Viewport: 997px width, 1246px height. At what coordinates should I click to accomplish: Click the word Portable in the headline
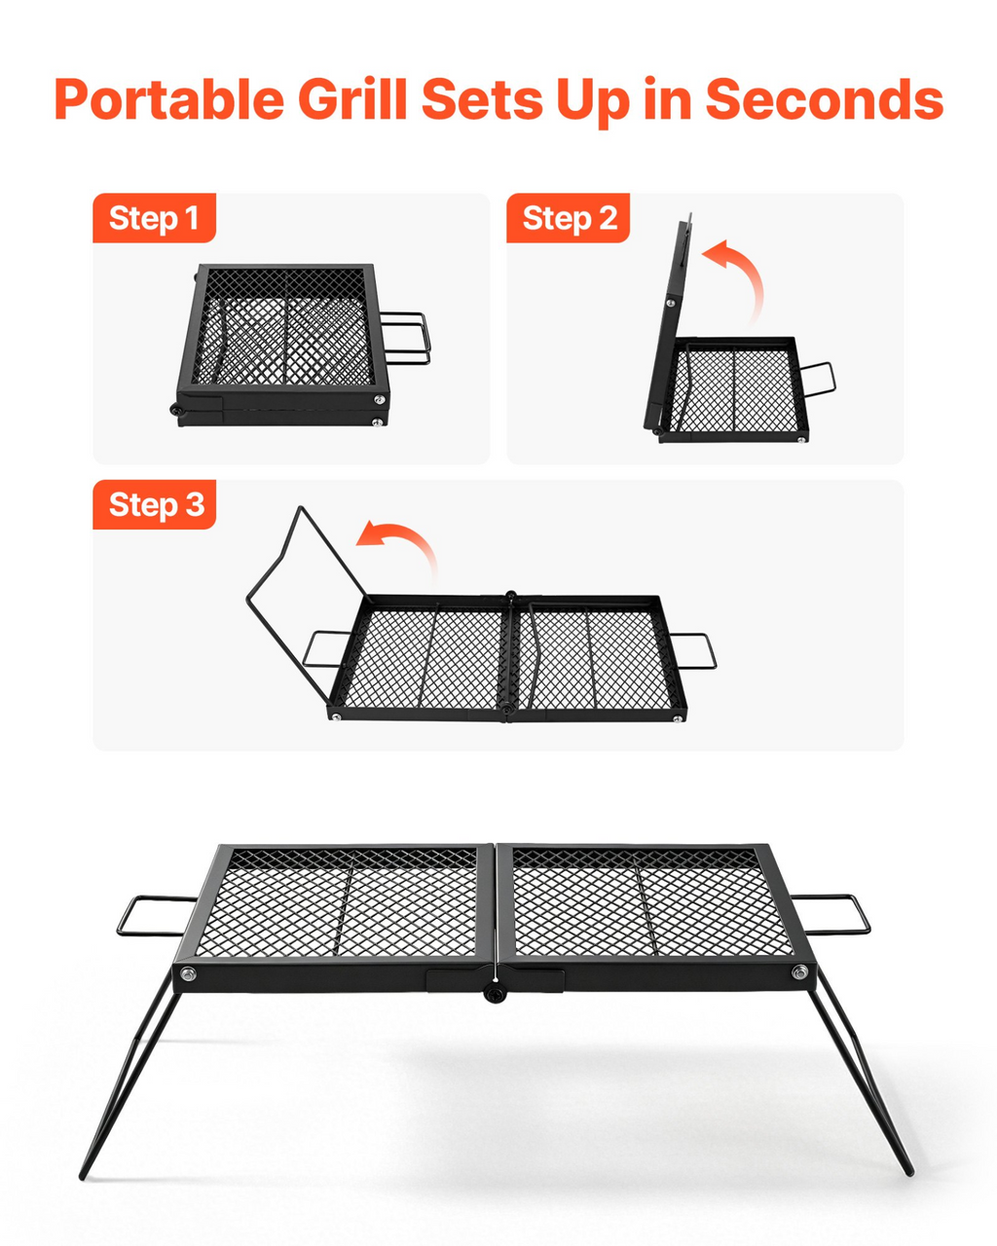pos(169,99)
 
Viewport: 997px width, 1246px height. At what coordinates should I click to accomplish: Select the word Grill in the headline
pos(352,99)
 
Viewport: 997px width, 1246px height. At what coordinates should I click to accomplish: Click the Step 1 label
pos(154,218)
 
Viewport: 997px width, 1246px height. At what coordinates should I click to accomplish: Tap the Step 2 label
pos(568,218)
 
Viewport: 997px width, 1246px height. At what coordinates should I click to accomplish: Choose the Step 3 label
pos(154,504)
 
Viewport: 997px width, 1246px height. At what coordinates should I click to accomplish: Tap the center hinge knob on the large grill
pos(493,995)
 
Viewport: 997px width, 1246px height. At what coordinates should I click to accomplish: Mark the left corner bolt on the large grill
pos(187,973)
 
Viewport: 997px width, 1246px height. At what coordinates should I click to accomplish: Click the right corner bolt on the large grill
pos(799,972)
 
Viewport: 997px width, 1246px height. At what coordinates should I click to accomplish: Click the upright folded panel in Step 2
pos(668,324)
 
